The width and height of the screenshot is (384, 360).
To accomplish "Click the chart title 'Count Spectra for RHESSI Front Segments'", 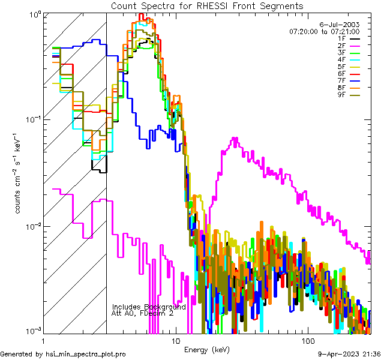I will [x=207, y=5].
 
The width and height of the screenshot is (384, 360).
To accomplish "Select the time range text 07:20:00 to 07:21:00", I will [x=324, y=31].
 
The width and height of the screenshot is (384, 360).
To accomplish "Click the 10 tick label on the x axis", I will [x=176, y=340].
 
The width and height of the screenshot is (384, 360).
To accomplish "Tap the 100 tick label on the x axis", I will [x=307, y=340].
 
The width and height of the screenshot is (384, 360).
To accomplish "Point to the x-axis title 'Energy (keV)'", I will [x=207, y=349].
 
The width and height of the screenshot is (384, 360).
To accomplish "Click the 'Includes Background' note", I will [x=149, y=307].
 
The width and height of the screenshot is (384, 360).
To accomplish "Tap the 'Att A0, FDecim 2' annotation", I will [x=142, y=313].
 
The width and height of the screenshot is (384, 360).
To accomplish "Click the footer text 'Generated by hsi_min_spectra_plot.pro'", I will [x=63, y=354].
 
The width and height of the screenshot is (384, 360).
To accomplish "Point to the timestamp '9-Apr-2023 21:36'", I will [x=349, y=354].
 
